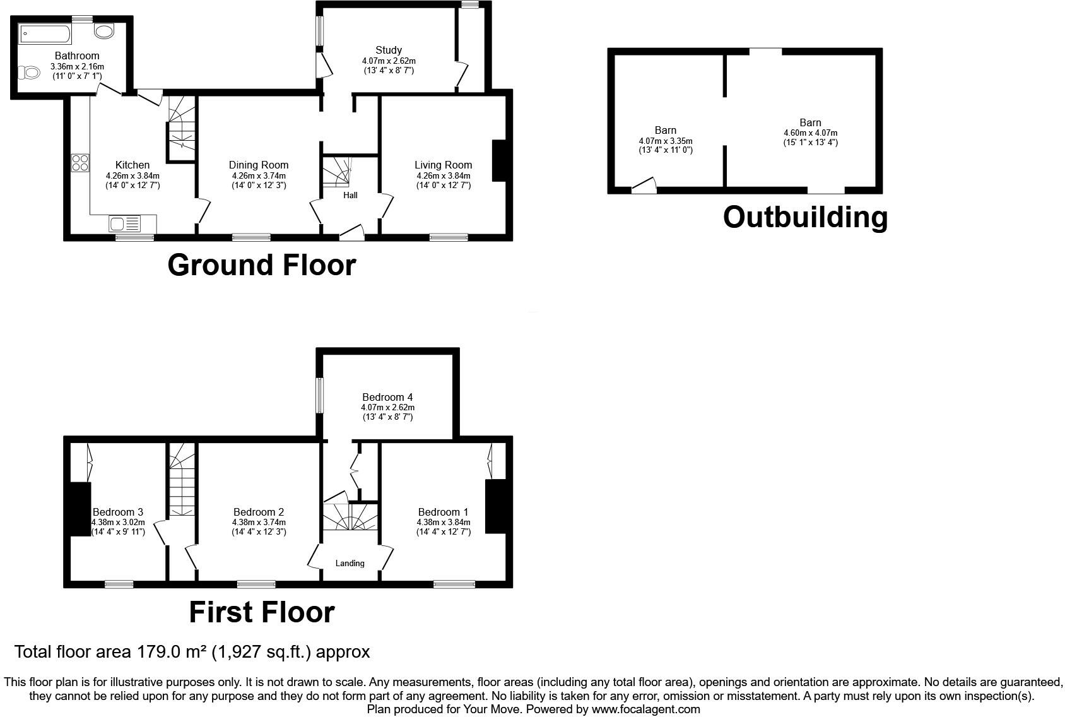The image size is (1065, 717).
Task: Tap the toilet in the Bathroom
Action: pyautogui.click(x=28, y=74)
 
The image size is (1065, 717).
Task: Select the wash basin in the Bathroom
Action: pyautogui.click(x=104, y=30)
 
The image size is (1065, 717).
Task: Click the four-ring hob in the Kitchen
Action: pyautogui.click(x=80, y=163)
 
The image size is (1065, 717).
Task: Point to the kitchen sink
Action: pyautogui.click(x=125, y=223)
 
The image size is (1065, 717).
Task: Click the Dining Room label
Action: pyautogui.click(x=259, y=165)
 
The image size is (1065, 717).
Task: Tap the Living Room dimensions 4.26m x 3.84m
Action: pyautogui.click(x=443, y=175)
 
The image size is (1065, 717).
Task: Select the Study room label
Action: pyautogui.click(x=389, y=50)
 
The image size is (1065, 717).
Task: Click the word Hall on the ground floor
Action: pyautogui.click(x=350, y=195)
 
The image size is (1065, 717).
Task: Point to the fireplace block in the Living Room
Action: pyautogui.click(x=498, y=161)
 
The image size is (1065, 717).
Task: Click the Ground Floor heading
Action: pyautogui.click(x=261, y=265)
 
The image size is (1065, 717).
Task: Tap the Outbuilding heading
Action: pyautogui.click(x=805, y=217)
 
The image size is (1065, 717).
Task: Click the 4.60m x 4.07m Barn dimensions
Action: pyautogui.click(x=810, y=133)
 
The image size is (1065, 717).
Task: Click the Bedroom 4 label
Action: pyautogui.click(x=387, y=398)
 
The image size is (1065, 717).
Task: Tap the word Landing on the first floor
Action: pyautogui.click(x=350, y=563)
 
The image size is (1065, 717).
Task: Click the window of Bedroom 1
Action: pyautogui.click(x=454, y=584)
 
